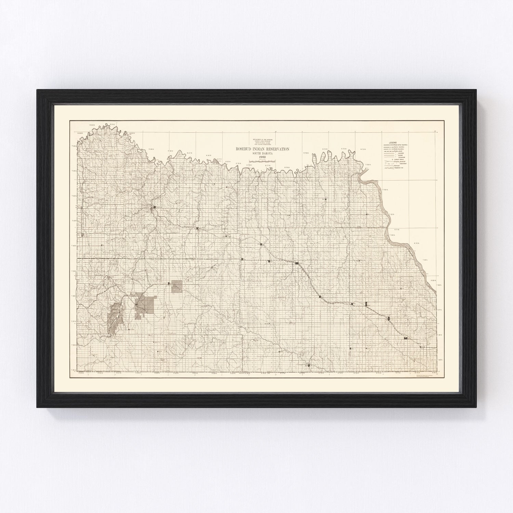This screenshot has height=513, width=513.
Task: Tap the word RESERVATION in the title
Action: [x=275, y=149]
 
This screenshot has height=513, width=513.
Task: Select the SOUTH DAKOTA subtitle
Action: [x=261, y=153]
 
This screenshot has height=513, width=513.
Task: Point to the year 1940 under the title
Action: [x=261, y=157]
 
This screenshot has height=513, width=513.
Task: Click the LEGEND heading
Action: [x=392, y=142]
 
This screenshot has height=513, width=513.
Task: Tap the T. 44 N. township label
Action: [x=74, y=146]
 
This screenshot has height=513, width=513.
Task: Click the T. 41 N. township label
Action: [x=74, y=221]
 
